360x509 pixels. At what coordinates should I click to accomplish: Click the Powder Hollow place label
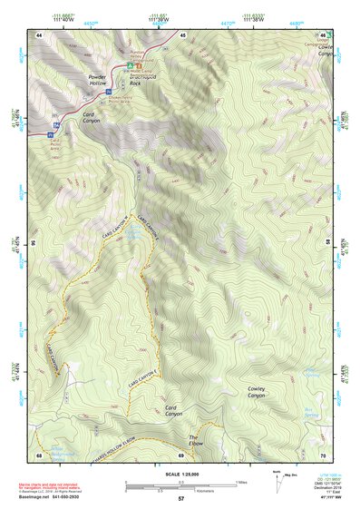pos(97,81)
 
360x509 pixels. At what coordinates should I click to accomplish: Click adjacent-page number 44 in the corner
pos(40,34)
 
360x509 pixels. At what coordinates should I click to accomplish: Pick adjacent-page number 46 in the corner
pos(320,34)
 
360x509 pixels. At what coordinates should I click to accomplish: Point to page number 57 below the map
pos(180,499)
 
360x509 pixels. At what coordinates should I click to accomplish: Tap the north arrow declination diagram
pos(274,479)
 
